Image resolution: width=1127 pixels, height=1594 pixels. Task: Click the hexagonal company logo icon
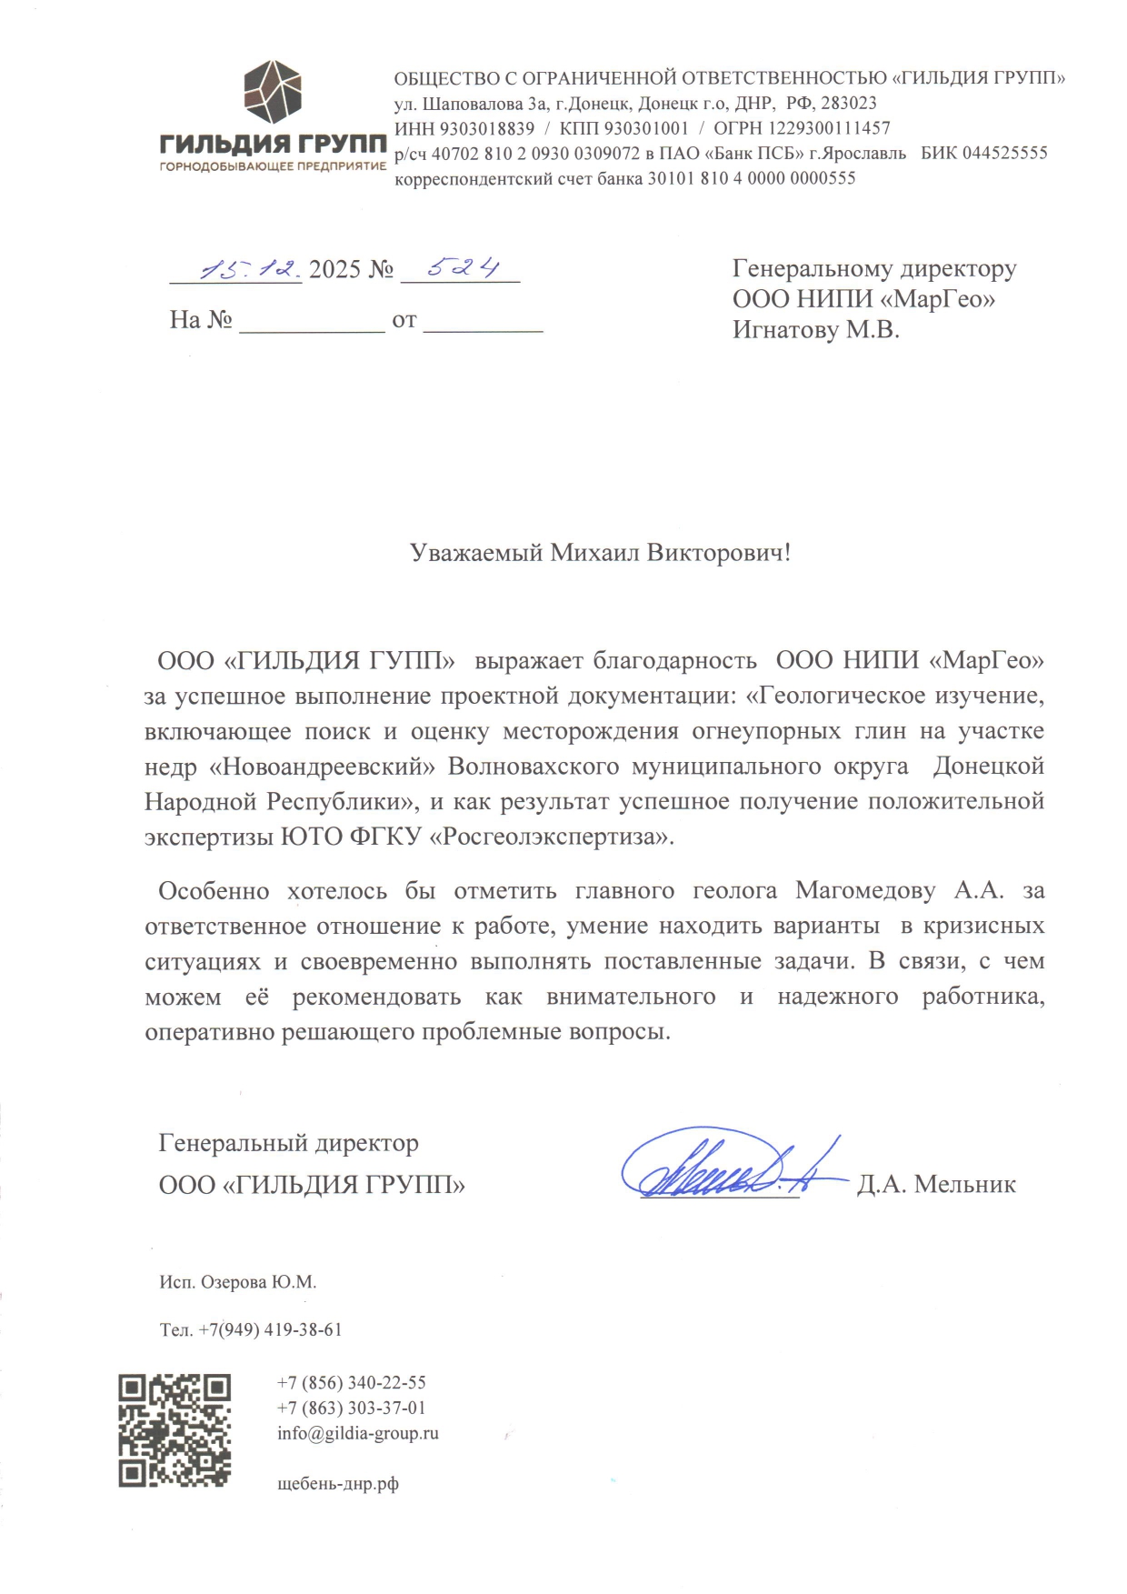(x=272, y=92)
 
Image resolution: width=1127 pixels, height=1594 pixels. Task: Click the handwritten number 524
(x=463, y=267)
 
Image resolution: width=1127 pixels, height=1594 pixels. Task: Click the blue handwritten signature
(x=727, y=1167)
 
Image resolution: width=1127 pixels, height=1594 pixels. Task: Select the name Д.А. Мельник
(x=936, y=1184)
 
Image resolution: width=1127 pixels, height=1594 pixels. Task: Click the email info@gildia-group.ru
(x=357, y=1433)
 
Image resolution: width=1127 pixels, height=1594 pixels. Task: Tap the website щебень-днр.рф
(x=337, y=1484)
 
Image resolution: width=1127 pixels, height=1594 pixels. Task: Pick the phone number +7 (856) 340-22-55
(x=351, y=1382)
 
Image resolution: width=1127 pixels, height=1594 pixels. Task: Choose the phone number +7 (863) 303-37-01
(x=351, y=1408)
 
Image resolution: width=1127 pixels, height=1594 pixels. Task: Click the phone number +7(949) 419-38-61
(x=270, y=1329)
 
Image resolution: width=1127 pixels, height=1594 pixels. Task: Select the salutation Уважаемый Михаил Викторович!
(x=600, y=553)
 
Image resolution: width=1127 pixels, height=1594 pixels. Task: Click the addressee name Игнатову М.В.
(x=815, y=329)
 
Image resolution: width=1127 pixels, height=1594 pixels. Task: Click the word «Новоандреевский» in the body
(x=323, y=767)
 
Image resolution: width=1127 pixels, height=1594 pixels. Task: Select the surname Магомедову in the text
(x=865, y=890)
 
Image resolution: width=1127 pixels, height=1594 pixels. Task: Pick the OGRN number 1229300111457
(x=830, y=128)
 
